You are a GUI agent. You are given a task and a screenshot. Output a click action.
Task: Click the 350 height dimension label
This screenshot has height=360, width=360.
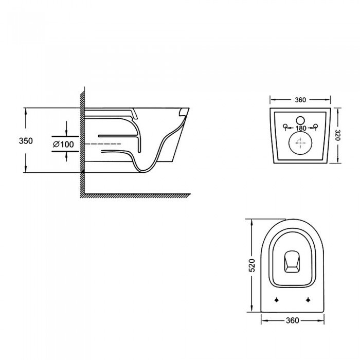pos(26,141)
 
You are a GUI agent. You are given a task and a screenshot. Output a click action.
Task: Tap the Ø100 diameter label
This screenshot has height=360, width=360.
pos(63,145)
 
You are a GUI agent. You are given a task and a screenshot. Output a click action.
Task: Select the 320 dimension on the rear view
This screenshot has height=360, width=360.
pos(338,136)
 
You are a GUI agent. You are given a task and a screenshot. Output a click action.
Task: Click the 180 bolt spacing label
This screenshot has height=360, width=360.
pos(301,128)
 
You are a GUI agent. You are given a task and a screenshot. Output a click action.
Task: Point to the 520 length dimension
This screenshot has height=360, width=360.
pos(252,265)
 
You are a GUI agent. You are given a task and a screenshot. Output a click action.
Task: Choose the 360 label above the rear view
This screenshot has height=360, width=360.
pos(300,100)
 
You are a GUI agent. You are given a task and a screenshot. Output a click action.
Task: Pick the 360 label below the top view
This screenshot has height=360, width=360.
pos(293,320)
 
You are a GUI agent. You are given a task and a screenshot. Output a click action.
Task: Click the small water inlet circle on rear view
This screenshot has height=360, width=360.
pos(300,120)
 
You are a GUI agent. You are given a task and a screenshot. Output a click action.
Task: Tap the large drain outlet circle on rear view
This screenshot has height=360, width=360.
pos(300,143)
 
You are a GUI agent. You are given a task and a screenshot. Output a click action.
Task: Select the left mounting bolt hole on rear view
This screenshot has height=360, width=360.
pos(285,126)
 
